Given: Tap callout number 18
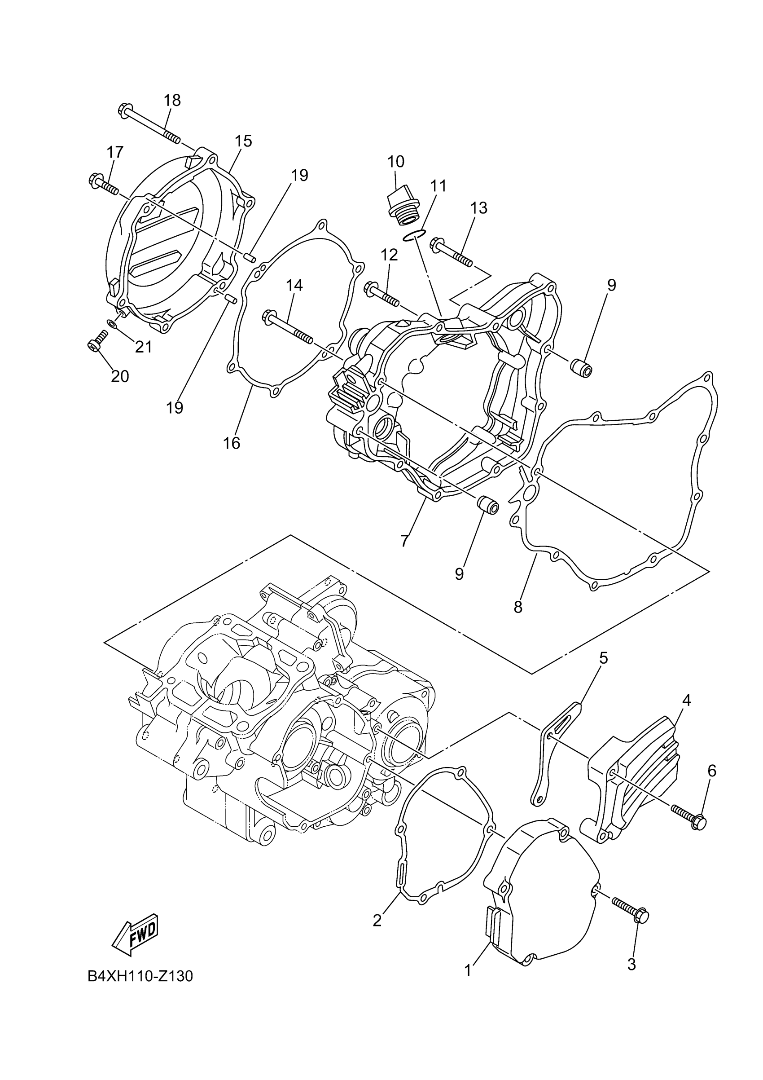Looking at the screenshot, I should pos(172,100).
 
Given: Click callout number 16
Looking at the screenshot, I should pos(232,443).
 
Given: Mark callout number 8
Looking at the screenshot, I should pos(518,607).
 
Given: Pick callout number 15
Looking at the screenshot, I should pos(244,141).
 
